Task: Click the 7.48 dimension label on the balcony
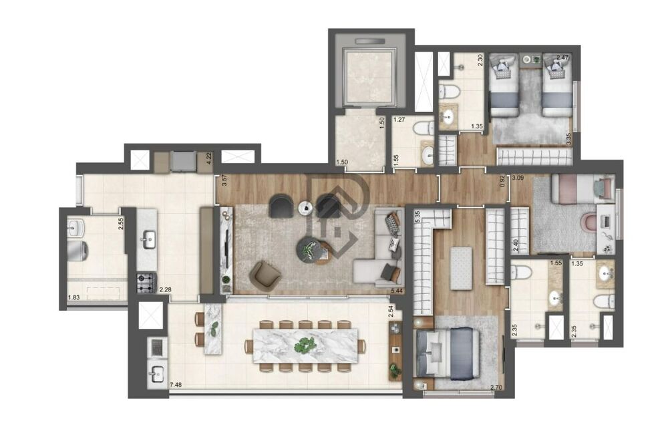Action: [176, 384]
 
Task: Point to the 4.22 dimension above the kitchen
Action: [208, 158]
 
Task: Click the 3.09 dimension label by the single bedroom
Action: [518, 178]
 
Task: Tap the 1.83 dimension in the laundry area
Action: [73, 298]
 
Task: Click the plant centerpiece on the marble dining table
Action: [305, 345]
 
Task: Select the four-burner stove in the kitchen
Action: [146, 283]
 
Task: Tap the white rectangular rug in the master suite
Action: [460, 268]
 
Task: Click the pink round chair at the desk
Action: [589, 223]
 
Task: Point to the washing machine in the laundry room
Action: [79, 250]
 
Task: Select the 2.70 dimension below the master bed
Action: [496, 388]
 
